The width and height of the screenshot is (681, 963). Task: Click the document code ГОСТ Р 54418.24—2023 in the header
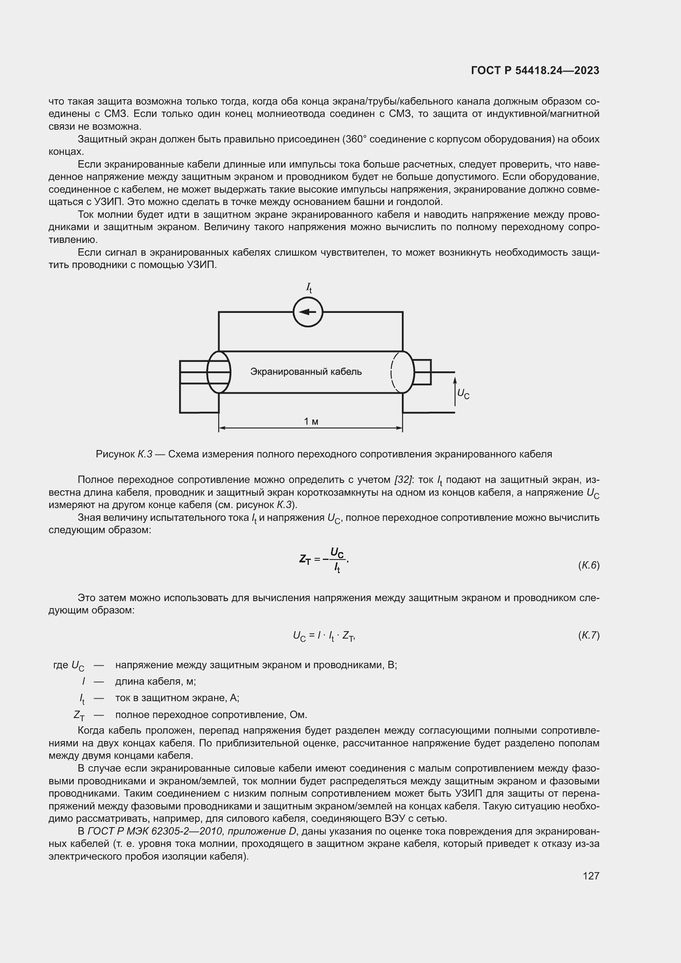(x=535, y=70)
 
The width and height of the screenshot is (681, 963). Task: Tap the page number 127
(x=591, y=876)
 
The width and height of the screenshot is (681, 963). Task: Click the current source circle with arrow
(x=308, y=312)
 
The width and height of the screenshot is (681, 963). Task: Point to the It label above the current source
(x=309, y=288)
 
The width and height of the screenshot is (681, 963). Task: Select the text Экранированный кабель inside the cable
(x=306, y=372)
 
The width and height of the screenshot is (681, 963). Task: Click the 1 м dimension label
(x=311, y=421)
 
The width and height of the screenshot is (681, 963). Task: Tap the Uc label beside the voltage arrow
(x=463, y=394)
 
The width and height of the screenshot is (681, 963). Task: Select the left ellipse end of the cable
(x=219, y=372)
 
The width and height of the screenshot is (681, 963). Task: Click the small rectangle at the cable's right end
(x=422, y=372)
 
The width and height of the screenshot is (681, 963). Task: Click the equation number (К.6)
(x=588, y=565)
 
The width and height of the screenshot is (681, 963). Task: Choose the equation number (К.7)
(x=588, y=635)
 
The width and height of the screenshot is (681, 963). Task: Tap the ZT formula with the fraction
(x=324, y=560)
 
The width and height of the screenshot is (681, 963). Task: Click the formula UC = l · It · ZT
(x=324, y=636)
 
